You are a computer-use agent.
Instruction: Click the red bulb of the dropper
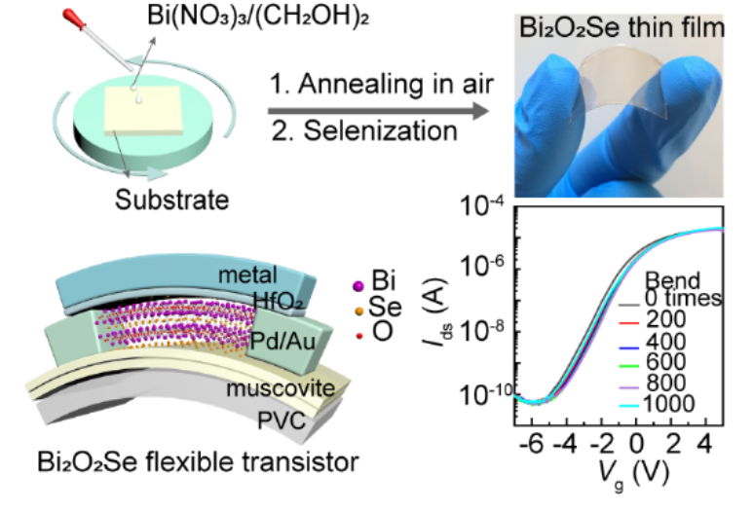tap(70, 16)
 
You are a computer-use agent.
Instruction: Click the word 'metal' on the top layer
tap(247, 275)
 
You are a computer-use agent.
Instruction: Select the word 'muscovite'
tap(281, 389)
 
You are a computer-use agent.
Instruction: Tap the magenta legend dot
tap(358, 285)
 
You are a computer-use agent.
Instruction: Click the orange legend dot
tap(359, 311)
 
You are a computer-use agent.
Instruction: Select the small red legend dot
tap(359, 336)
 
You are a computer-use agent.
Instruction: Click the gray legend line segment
tap(628, 305)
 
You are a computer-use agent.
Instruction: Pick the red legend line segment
tap(628, 323)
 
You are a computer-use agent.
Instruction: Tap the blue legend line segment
tap(628, 347)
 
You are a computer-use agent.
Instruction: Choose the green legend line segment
tap(628, 367)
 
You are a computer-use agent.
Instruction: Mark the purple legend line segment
tap(628, 387)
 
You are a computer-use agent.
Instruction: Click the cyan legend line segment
tap(628, 406)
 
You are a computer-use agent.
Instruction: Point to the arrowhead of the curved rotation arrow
tap(157, 176)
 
